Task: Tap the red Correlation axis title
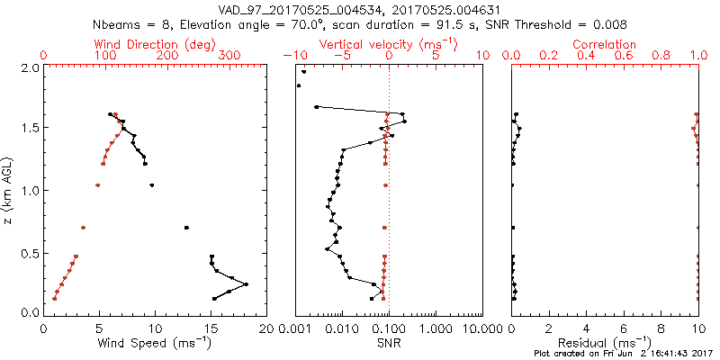[604, 44]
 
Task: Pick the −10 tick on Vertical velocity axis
[293, 56]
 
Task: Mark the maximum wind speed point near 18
[246, 284]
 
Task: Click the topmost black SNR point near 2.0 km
[304, 72]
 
